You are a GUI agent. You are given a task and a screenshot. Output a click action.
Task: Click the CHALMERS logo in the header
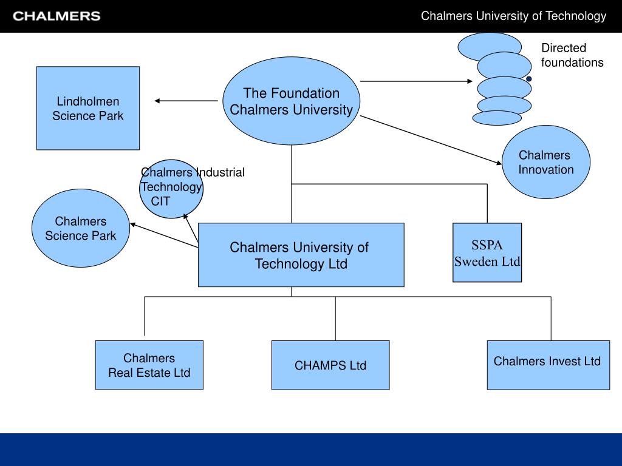(x=56, y=16)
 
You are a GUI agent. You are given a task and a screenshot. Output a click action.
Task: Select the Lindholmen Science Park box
(x=88, y=108)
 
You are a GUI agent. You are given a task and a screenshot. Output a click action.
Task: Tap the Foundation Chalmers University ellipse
(x=291, y=101)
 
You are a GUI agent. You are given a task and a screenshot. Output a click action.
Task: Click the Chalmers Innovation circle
(x=546, y=162)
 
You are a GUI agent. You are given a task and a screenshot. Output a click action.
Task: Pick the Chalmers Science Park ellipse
(x=81, y=228)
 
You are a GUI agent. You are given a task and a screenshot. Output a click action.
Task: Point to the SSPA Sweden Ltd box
(x=487, y=252)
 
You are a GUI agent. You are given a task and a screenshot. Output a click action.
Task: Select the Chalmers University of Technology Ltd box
(x=301, y=255)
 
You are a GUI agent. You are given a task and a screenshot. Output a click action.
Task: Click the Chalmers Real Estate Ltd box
(x=149, y=365)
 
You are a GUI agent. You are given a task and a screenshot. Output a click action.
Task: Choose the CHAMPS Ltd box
(x=330, y=365)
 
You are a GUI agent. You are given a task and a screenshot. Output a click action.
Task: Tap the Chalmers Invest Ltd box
(x=549, y=365)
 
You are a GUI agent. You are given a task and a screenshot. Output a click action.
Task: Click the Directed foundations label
(x=572, y=55)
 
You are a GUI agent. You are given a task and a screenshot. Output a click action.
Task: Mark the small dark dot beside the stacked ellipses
(x=529, y=79)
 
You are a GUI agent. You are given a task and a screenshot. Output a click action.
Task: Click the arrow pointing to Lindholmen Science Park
(x=186, y=101)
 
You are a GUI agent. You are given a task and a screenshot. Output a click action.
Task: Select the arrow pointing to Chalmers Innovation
(x=431, y=140)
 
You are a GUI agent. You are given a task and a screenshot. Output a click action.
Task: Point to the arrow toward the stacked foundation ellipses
(x=416, y=81)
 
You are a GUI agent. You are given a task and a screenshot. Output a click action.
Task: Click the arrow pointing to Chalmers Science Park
(x=164, y=236)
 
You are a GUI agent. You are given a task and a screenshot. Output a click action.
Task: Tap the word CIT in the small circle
(x=160, y=201)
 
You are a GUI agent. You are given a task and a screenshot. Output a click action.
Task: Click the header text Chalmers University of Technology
(x=513, y=16)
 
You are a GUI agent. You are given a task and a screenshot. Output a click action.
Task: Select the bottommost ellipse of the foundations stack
(x=497, y=118)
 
